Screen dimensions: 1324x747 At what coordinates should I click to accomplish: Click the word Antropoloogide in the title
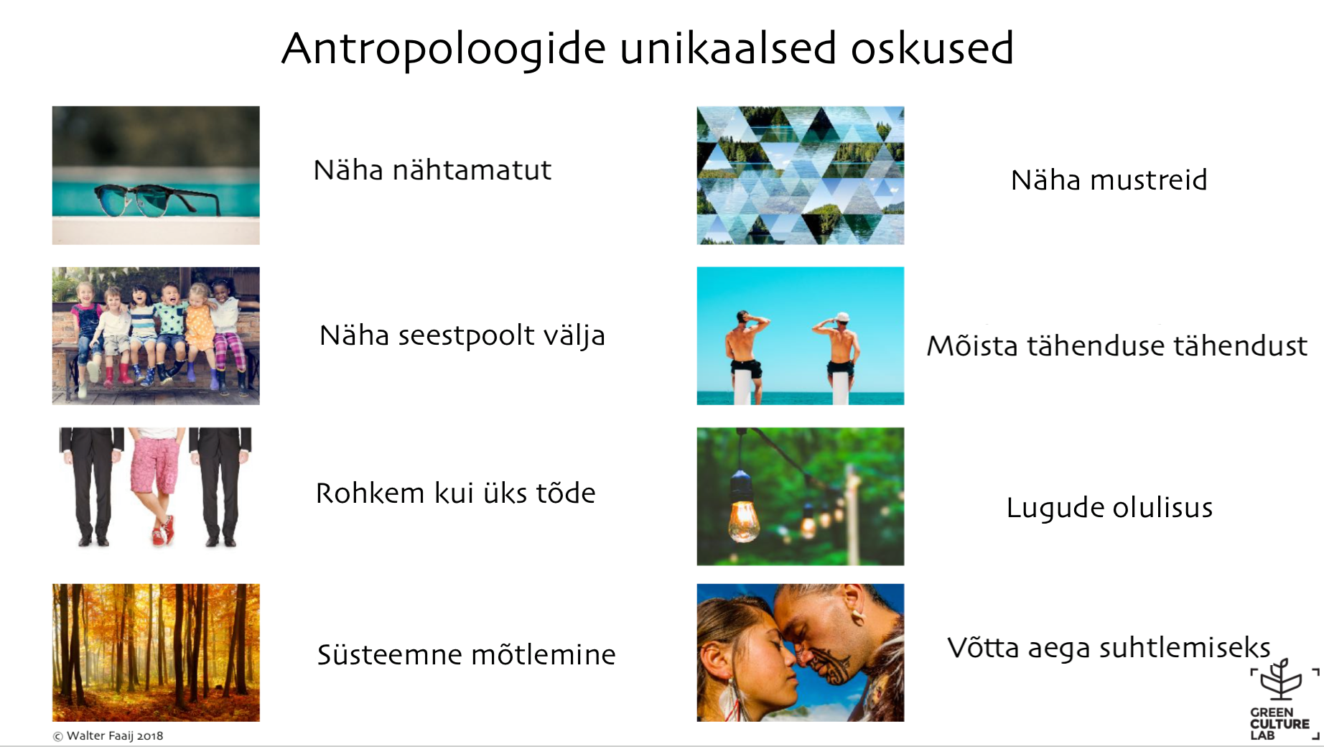tap(444, 49)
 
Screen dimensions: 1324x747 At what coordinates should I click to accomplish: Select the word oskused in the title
tap(932, 48)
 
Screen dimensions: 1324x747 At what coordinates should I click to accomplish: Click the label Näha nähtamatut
tap(432, 170)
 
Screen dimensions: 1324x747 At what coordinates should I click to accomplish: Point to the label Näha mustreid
tap(1109, 180)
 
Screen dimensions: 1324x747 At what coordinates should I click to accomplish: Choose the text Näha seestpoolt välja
tap(462, 335)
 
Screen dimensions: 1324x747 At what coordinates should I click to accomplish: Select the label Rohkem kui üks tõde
tap(455, 493)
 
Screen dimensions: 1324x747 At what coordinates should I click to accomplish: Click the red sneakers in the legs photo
tap(163, 531)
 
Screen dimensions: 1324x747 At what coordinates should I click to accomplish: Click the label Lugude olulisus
tap(1109, 508)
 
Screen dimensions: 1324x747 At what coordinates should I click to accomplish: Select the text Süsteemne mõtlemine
tap(466, 654)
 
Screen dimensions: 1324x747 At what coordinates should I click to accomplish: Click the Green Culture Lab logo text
tap(1279, 724)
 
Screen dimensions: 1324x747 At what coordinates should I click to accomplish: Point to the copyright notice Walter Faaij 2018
tap(108, 736)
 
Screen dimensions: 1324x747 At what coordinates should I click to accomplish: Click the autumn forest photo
tap(156, 652)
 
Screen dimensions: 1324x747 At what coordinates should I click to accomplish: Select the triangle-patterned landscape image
tap(801, 175)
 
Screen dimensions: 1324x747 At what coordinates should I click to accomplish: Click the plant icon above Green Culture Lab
tap(1281, 679)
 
